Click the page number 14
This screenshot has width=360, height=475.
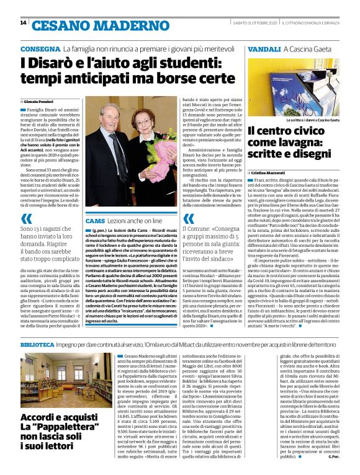coord(24,23)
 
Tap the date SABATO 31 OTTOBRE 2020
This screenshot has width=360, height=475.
coord(246,23)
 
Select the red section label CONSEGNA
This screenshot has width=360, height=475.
coord(40,48)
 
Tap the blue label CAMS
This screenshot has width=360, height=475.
coord(96,221)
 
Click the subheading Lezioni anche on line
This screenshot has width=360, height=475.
coord(133,221)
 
